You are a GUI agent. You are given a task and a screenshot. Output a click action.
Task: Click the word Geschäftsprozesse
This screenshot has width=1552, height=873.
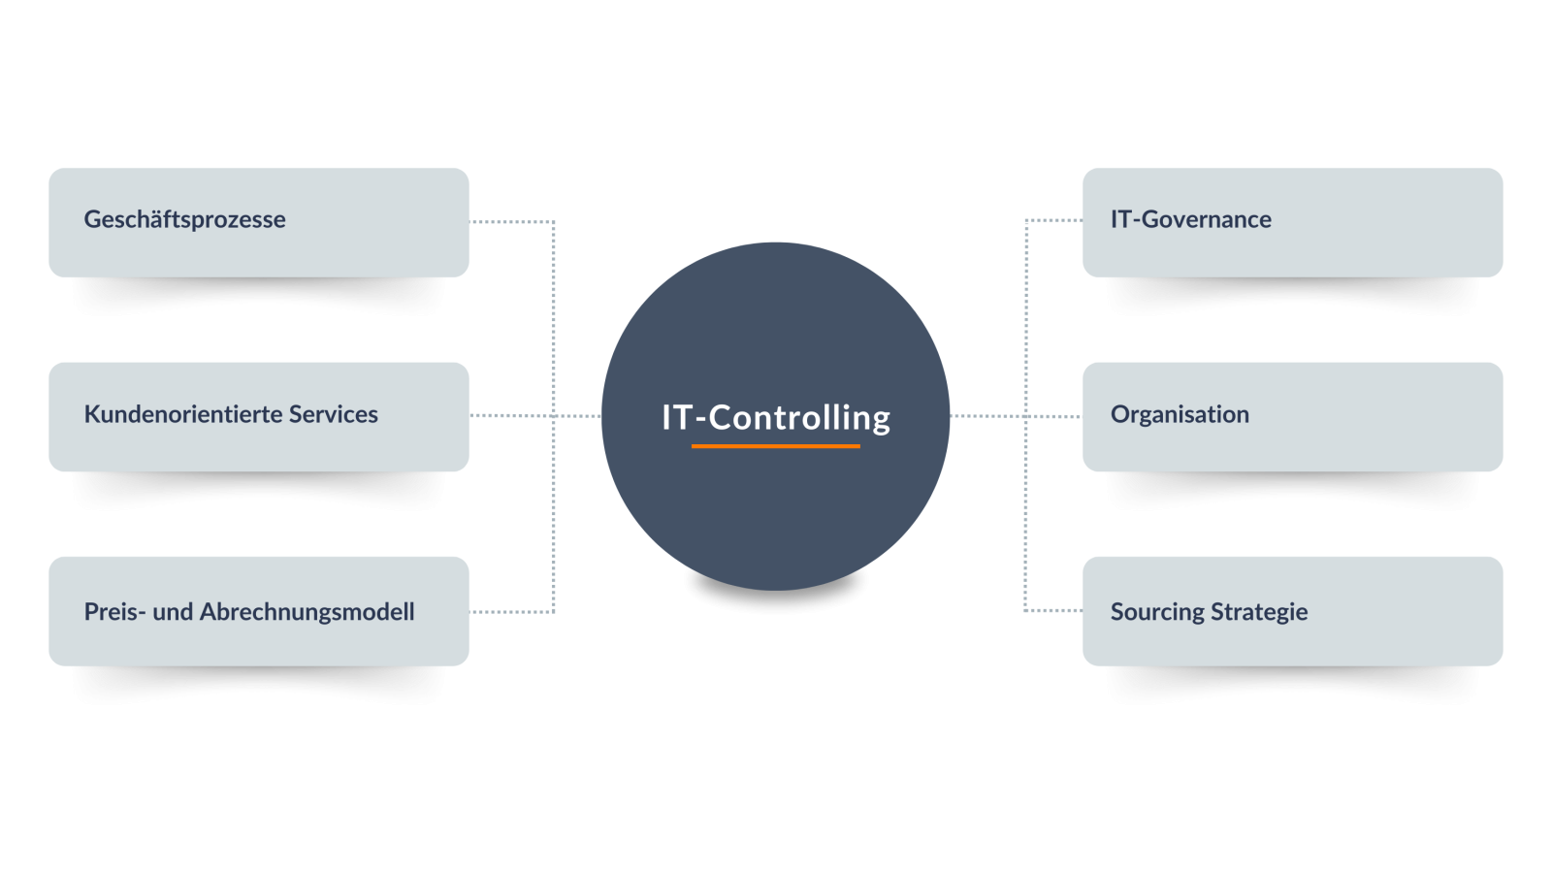point(184,220)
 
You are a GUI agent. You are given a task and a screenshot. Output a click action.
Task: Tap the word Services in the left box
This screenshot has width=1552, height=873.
point(334,414)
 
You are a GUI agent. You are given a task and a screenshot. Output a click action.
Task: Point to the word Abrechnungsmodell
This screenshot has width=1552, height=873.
point(307,612)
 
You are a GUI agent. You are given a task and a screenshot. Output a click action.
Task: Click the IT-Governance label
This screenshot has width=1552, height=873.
point(1191,219)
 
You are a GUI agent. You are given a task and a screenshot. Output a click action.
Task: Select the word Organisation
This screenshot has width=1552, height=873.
point(1180,414)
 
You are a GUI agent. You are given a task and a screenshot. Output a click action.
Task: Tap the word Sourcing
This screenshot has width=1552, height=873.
point(1158,612)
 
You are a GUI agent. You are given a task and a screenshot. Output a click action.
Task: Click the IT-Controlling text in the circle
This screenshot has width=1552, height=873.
point(776,418)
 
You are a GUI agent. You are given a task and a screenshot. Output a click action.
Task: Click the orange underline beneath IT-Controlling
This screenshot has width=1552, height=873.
point(775,446)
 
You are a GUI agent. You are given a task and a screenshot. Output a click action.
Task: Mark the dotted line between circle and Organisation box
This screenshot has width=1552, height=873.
point(1015,416)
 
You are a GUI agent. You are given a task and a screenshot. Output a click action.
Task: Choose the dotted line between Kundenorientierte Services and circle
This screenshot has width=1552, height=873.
point(535,416)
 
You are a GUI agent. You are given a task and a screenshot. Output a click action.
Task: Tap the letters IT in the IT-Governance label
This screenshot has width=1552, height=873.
point(1121,219)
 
